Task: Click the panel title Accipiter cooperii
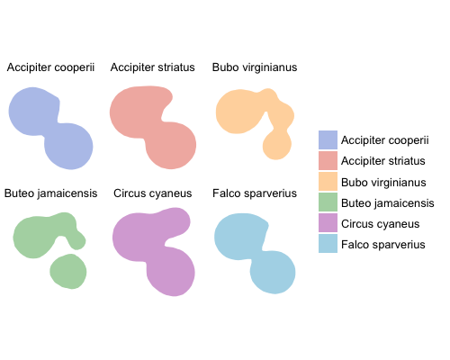click(x=50, y=67)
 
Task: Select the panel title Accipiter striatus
click(x=153, y=67)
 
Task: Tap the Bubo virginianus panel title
click(x=255, y=67)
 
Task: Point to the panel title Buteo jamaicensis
click(x=50, y=193)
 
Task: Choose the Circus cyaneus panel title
click(x=153, y=193)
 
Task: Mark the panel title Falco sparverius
click(x=255, y=193)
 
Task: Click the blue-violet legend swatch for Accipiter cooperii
click(x=328, y=139)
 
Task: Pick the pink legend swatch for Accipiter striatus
click(x=328, y=160)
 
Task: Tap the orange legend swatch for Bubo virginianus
click(x=328, y=181)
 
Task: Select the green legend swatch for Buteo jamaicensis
click(x=328, y=202)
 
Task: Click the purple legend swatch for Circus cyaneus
click(x=328, y=222)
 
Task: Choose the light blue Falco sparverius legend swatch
click(x=328, y=243)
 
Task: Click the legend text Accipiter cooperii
click(x=385, y=140)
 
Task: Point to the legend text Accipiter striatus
click(x=383, y=161)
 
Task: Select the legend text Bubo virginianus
click(x=383, y=183)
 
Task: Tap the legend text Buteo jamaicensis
click(x=388, y=203)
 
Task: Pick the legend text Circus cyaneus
click(x=381, y=224)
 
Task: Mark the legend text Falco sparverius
click(x=383, y=245)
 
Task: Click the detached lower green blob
click(x=68, y=272)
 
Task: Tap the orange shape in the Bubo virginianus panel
click(x=240, y=112)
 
